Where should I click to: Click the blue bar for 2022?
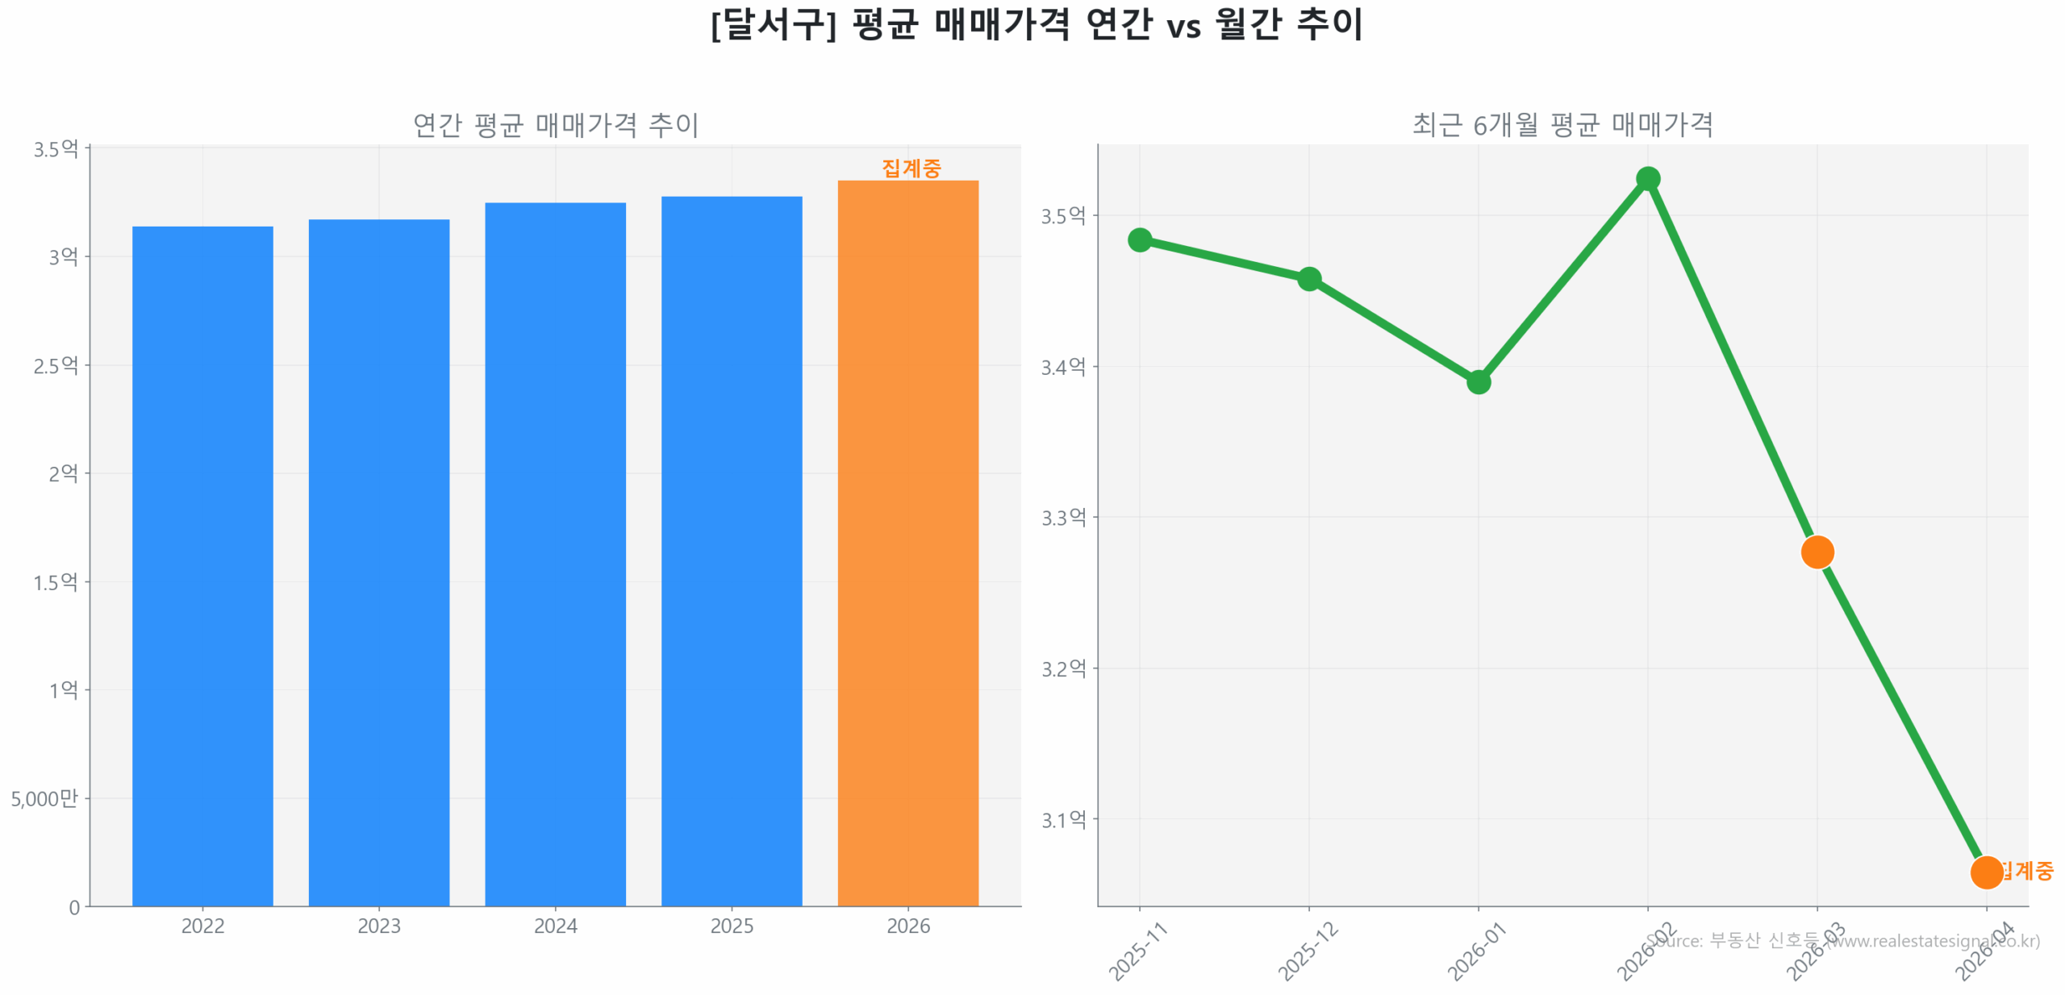coord(202,564)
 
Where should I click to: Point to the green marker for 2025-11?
coord(1139,239)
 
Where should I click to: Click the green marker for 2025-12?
coord(1308,279)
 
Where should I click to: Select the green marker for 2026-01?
coord(1478,381)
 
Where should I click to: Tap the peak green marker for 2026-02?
coord(1647,179)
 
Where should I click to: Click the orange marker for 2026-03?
coord(1817,552)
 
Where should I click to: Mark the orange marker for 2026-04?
coord(1985,872)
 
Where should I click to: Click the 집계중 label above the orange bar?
coord(911,168)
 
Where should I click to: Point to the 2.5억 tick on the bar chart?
coord(56,365)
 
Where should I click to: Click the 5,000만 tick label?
coord(44,798)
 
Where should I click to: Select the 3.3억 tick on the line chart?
coord(1063,517)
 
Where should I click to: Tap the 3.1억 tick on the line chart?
coord(1063,819)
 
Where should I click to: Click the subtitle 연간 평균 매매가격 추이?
coord(555,125)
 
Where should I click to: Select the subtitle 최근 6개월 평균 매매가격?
coord(1562,125)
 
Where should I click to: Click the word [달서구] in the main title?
coord(773,24)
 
